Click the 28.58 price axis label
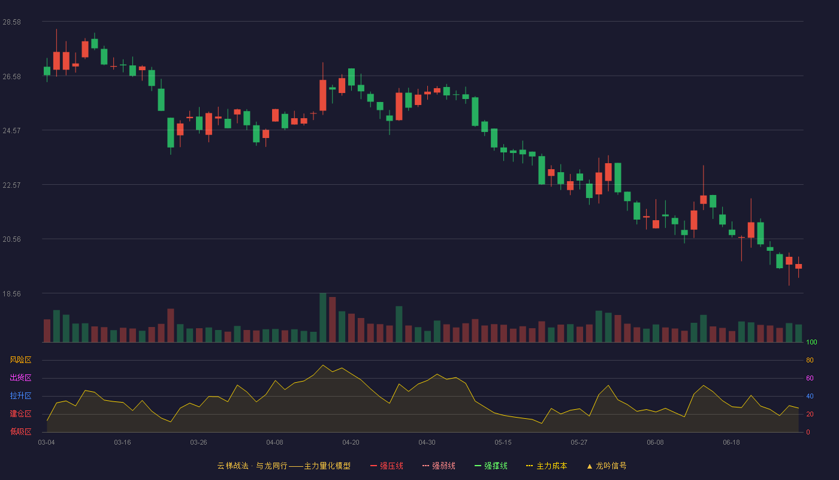(11, 22)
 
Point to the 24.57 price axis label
(11, 131)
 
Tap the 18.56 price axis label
(11, 293)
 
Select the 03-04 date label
(47, 443)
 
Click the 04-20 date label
(351, 443)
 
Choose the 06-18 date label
(731, 443)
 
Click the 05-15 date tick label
(503, 443)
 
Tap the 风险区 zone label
(20, 360)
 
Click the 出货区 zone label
(20, 377)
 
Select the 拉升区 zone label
(20, 395)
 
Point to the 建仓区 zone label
(20, 413)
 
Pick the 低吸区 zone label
(20, 431)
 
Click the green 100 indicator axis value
(811, 342)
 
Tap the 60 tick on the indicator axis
(810, 378)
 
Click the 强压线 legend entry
(387, 466)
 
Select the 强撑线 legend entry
(491, 466)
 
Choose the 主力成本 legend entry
(547, 466)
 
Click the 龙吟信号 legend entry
(606, 466)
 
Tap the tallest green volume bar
(323, 317)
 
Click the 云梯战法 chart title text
(233, 466)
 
